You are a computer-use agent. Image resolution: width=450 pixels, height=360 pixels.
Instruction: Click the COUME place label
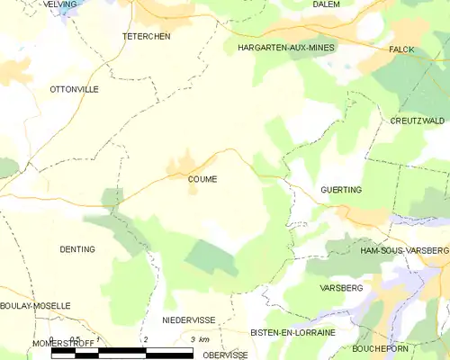202,179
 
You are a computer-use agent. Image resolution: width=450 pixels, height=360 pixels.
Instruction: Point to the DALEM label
325,4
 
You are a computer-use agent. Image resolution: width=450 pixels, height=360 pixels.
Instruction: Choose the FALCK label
401,49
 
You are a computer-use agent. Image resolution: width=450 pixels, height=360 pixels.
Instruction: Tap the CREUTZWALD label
417,121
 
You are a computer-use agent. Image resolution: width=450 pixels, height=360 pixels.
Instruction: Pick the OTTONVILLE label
74,90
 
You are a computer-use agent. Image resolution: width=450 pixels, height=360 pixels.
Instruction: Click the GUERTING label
340,191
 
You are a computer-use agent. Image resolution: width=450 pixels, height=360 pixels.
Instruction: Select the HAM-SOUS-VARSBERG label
403,249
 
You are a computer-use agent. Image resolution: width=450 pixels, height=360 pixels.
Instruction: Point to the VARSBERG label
341,288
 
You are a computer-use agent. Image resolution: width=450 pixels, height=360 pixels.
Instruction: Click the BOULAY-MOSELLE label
35,306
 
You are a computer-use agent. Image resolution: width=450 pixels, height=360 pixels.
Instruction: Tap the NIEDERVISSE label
188,319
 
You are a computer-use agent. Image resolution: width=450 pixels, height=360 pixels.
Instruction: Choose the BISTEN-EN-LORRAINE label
292,332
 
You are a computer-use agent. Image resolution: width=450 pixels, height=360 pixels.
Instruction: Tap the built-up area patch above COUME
184,166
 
